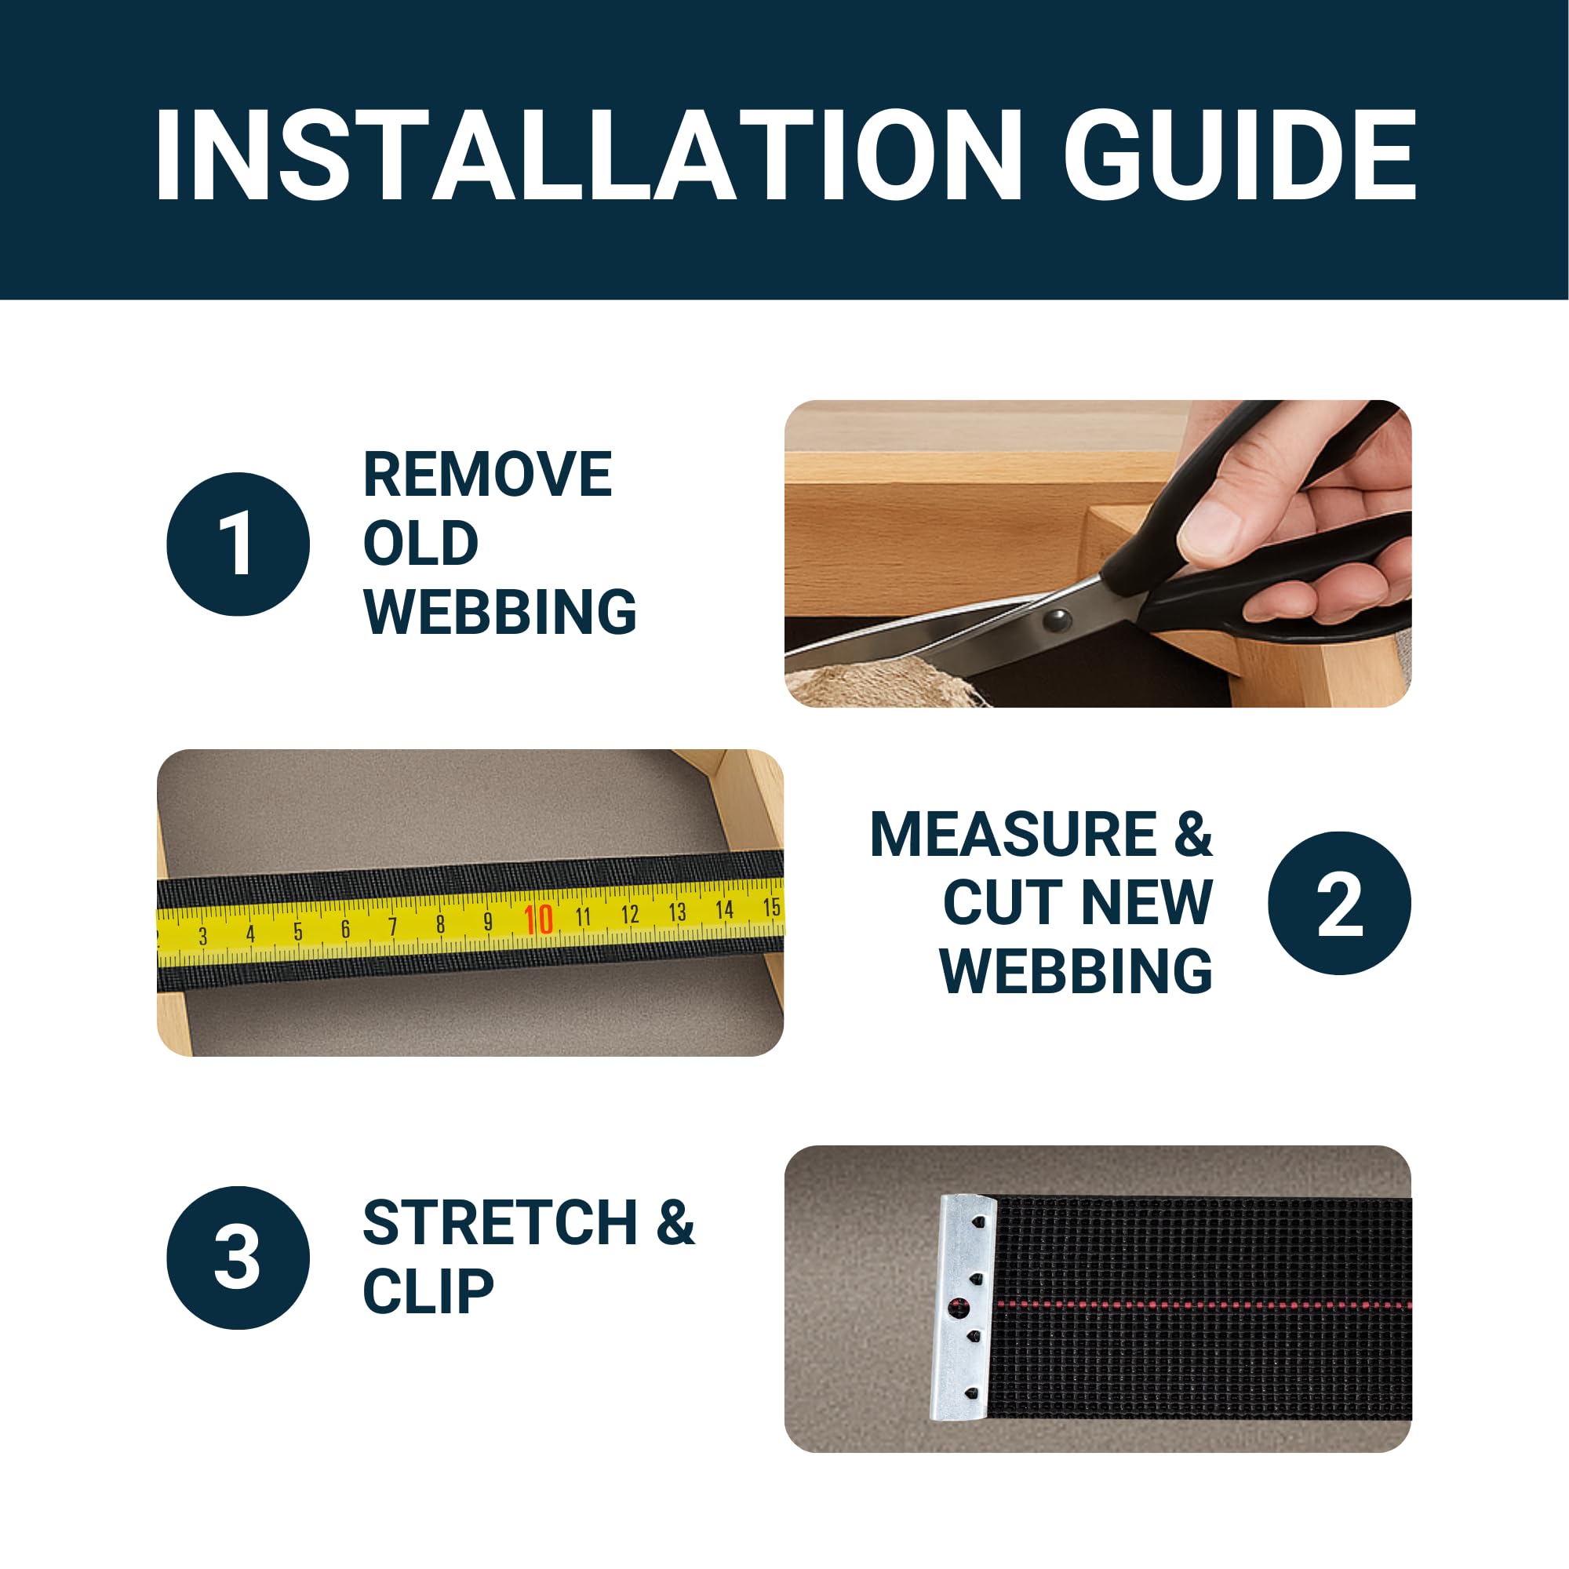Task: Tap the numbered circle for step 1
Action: pos(238,544)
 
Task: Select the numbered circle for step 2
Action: pos(1339,903)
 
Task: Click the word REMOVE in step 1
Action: pos(488,475)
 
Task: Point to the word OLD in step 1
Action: pos(421,544)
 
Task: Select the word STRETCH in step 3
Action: pos(500,1223)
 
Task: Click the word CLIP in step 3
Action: pos(428,1292)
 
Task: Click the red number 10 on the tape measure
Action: pos(538,919)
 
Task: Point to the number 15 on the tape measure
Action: pos(771,907)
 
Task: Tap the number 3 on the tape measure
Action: pos(203,937)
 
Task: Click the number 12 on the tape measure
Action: pos(629,915)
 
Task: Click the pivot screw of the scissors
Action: pos(1057,621)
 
